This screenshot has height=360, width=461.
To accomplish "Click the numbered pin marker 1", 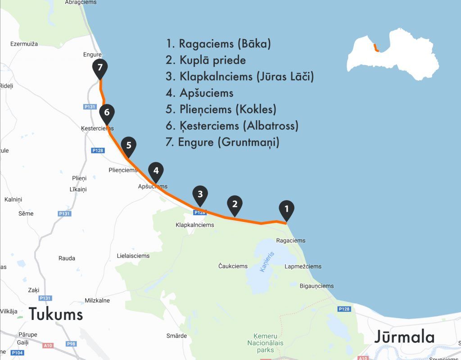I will tap(286, 209).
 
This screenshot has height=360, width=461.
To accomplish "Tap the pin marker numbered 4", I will tap(156, 171).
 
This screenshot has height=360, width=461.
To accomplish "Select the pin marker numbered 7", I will tap(100, 68).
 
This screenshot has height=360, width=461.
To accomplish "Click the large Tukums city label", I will tap(56, 314).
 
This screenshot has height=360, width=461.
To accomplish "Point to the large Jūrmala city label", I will tap(404, 337).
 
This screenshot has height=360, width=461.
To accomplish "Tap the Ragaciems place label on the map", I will tap(290, 241).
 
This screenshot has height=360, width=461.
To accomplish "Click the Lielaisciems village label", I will tap(133, 256).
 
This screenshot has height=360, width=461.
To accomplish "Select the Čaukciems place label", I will tap(233, 266).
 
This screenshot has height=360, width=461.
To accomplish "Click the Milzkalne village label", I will tap(97, 301).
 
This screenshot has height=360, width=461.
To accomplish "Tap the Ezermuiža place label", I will tap(24, 44).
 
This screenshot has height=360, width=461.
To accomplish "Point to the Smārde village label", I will tap(176, 336).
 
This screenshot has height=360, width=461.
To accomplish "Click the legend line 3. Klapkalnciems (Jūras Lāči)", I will tap(240, 76).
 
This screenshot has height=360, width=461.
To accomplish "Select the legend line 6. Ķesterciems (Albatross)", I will tap(232, 126).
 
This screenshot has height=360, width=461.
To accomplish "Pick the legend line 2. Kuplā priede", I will tap(206, 60).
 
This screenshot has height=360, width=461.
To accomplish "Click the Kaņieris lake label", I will tap(267, 261).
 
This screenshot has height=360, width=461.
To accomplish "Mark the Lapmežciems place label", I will tap(303, 266).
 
